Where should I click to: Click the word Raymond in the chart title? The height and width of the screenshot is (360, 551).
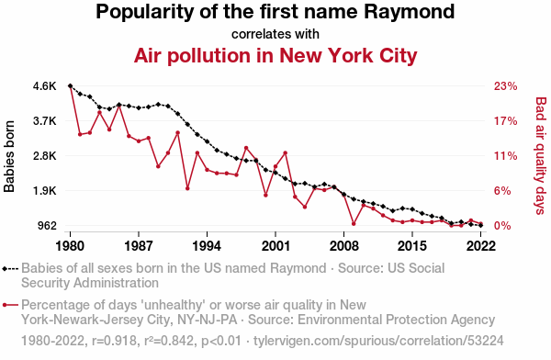[x=409, y=12]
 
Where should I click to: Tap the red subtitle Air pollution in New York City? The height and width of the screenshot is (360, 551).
[x=275, y=55]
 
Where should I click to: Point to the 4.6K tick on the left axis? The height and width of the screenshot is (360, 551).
[x=45, y=86]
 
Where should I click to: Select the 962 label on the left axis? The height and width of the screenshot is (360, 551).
[x=47, y=225]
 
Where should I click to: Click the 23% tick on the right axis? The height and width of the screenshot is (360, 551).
[x=506, y=86]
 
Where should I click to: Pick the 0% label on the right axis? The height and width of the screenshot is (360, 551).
[x=502, y=225]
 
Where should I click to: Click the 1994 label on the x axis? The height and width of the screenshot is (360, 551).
[x=207, y=246]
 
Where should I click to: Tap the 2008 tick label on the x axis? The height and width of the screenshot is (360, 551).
[x=344, y=246]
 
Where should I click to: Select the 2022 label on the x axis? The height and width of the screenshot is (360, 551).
[x=480, y=246]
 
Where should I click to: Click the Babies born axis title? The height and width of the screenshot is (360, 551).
[x=9, y=157]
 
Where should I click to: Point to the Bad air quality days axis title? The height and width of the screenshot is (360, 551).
[x=541, y=156]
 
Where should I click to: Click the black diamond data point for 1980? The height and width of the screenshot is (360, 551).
[x=71, y=85]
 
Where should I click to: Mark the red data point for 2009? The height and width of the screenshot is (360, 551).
[x=354, y=223]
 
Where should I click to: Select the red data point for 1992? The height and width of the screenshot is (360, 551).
[x=187, y=188]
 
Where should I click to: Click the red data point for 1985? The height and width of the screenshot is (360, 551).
[x=119, y=105]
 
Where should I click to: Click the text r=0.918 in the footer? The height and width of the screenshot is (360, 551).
[x=114, y=341]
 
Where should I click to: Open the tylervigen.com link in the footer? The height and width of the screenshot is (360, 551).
[x=378, y=341]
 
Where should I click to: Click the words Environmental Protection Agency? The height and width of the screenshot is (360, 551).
[x=397, y=320]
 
